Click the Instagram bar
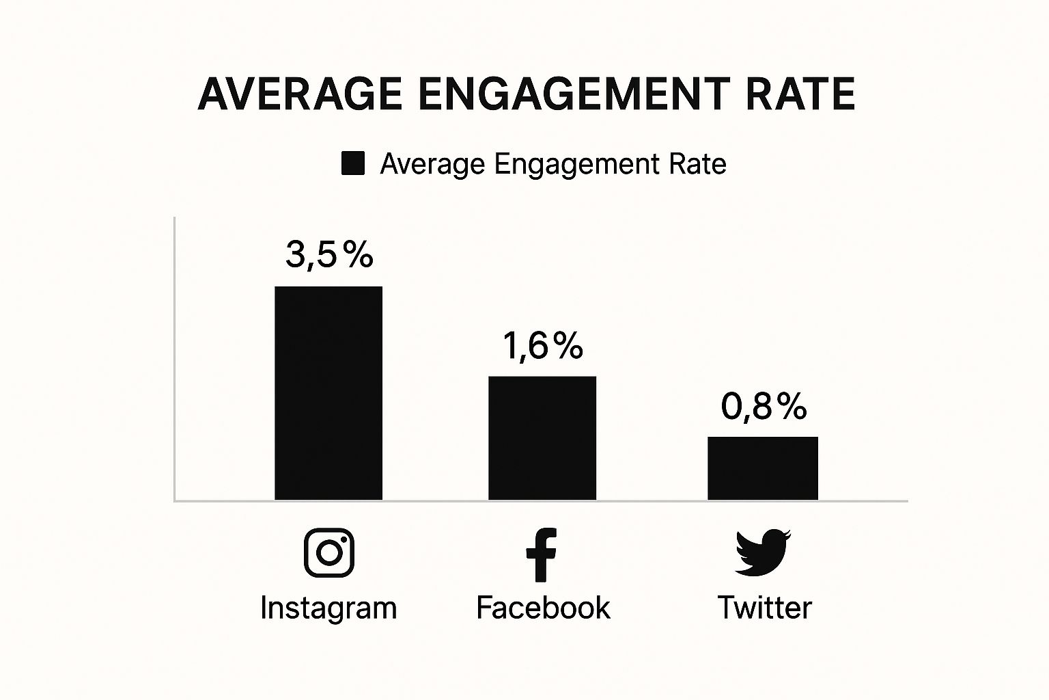coord(328,393)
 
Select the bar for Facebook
coord(542,438)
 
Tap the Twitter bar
coord(762,468)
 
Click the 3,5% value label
coord(329,255)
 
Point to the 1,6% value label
coord(543,345)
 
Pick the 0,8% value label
coord(764,406)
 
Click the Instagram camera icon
coord(329,552)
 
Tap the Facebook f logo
coord(542,554)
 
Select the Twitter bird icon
coord(762,552)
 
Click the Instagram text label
coord(328,608)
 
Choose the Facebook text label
coord(543,608)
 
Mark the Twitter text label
coord(764,608)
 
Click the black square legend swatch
coord(353,164)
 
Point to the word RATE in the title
coord(800,94)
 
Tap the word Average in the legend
coord(432,164)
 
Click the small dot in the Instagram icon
coord(344,540)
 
